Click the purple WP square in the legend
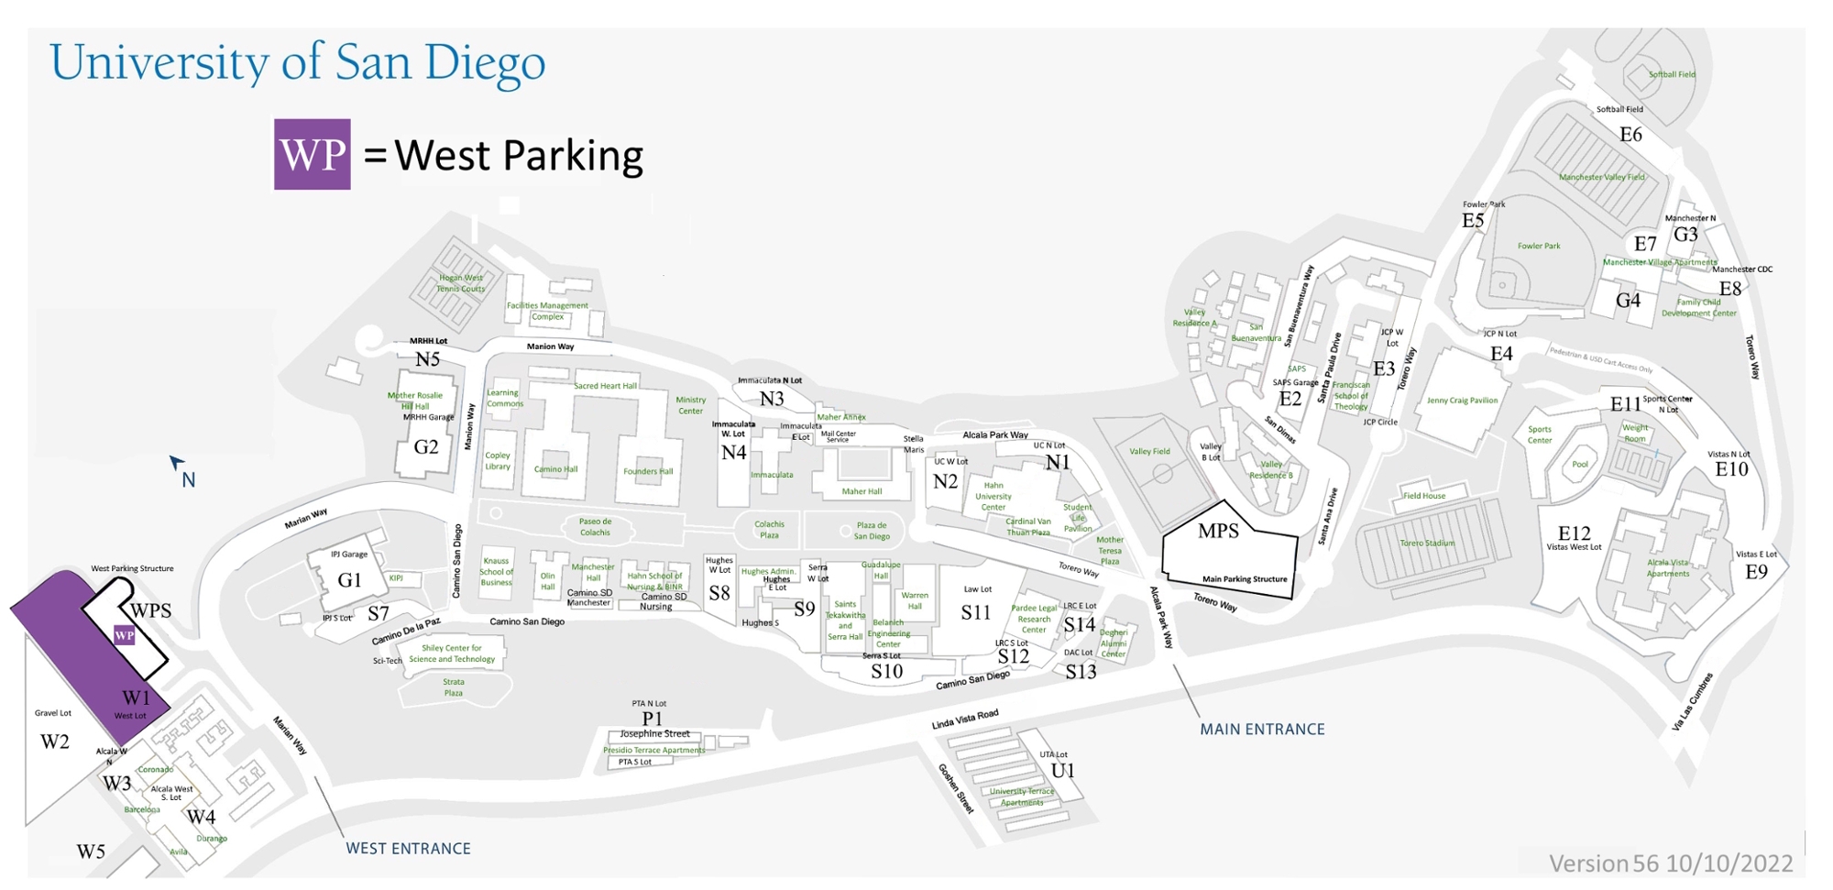point(312,154)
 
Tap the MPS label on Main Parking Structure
point(1218,531)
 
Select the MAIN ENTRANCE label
point(1262,730)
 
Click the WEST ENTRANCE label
point(408,849)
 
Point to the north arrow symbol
point(177,463)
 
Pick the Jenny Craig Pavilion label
point(1462,401)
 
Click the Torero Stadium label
point(1427,544)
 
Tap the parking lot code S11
point(975,612)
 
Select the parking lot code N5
point(427,359)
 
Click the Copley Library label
point(498,461)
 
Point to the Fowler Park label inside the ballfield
point(1538,246)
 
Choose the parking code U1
point(1062,771)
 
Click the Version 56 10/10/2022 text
point(1670,863)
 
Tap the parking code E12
point(1574,533)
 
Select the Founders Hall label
point(648,472)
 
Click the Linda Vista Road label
point(965,720)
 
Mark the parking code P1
point(652,719)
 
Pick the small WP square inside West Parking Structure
point(124,635)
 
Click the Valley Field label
point(1149,451)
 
